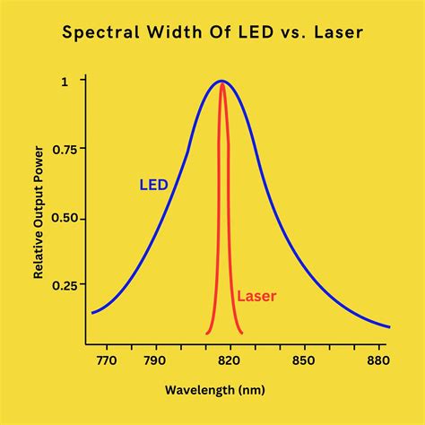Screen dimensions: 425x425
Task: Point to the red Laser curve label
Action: tap(256, 295)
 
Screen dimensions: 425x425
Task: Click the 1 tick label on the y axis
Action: tap(62, 81)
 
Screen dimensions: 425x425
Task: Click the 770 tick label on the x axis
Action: tap(106, 360)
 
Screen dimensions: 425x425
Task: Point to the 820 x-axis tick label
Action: tap(229, 360)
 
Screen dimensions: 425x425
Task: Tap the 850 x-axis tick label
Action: tap(305, 360)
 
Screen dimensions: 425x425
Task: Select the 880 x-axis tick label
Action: tap(377, 360)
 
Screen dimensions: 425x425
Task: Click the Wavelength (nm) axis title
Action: tap(212, 390)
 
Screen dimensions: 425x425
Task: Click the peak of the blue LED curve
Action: tap(221, 82)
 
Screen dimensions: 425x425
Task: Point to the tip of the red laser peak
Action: tap(221, 85)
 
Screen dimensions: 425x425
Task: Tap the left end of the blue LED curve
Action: tap(92, 313)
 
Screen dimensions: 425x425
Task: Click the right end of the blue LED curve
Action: tap(388, 326)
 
